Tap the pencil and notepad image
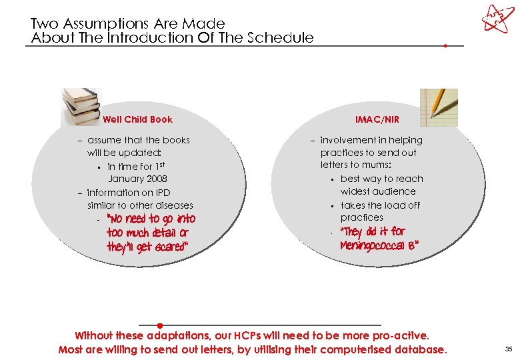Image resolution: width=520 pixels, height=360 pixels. click(439, 107)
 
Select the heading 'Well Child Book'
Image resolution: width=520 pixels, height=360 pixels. click(137, 120)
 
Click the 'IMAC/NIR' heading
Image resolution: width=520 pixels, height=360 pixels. click(377, 120)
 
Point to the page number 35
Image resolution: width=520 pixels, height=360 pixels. click(509, 349)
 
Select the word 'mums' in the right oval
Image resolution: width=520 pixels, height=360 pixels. click(384, 165)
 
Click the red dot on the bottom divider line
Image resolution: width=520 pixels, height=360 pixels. click(169, 325)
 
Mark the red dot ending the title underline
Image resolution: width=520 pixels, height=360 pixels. click(445, 46)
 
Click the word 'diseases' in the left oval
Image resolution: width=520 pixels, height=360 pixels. click(173, 205)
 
